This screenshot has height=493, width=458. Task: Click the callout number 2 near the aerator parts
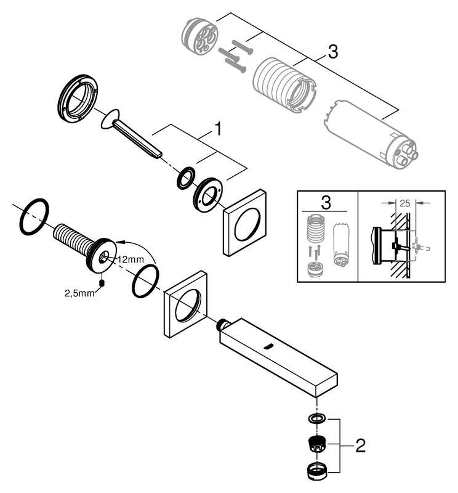360,446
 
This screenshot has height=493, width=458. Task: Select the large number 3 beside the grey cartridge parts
332,53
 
